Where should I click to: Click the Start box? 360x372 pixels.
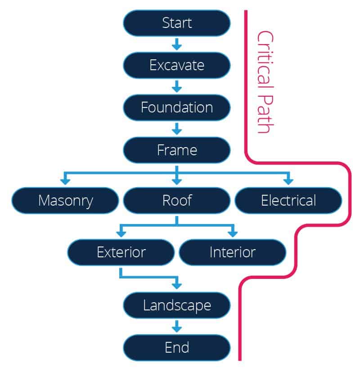[177, 23]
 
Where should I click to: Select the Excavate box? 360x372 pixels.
[177, 65]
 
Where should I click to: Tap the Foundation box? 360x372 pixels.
[177, 108]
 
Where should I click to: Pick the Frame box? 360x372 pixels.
[177, 150]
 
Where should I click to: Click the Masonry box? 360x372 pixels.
[65, 200]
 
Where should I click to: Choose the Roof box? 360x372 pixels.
[177, 200]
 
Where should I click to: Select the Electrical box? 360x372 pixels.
[288, 200]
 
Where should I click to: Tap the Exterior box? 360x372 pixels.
[121, 252]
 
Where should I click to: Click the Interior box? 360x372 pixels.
[232, 252]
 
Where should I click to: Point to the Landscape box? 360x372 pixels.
[177, 305]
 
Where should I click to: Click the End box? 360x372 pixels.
[177, 348]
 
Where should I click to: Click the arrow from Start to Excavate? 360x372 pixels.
[177, 44]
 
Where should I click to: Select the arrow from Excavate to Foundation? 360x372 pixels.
[177, 86]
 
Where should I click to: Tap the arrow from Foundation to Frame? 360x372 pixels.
[177, 129]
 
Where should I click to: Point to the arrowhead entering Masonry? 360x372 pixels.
[65, 181]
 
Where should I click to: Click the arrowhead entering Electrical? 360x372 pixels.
[288, 181]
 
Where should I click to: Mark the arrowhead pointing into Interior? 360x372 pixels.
[232, 233]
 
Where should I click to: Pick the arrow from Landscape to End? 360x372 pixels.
[177, 327]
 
